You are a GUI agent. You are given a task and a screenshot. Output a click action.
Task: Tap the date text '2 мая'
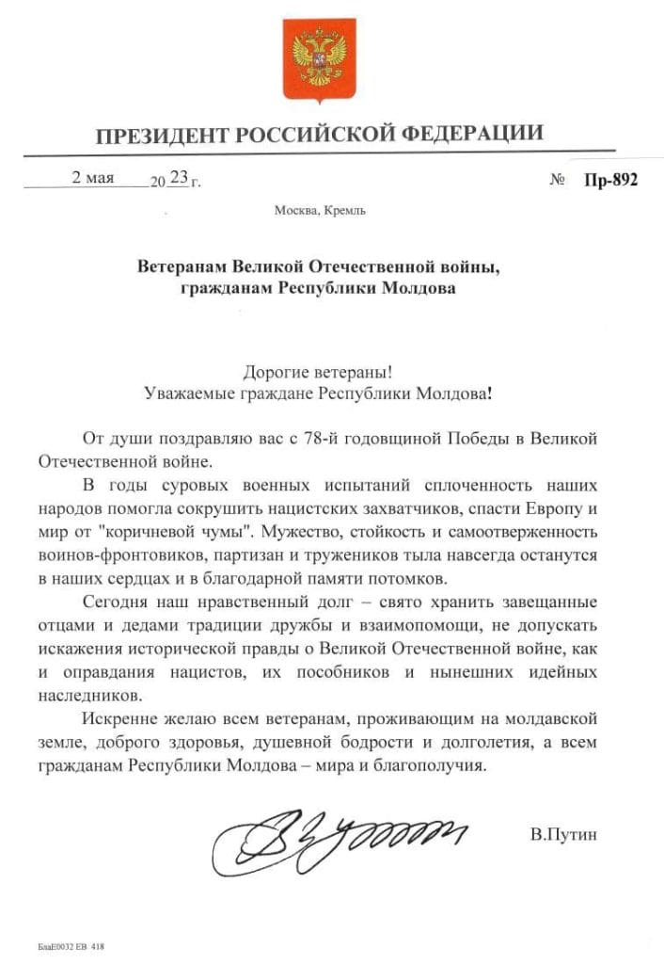click(x=93, y=178)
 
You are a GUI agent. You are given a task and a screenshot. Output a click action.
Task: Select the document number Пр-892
click(x=610, y=181)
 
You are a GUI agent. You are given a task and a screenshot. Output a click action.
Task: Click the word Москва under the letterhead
click(x=297, y=210)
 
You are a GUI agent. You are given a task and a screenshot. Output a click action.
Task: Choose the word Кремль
click(x=345, y=210)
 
